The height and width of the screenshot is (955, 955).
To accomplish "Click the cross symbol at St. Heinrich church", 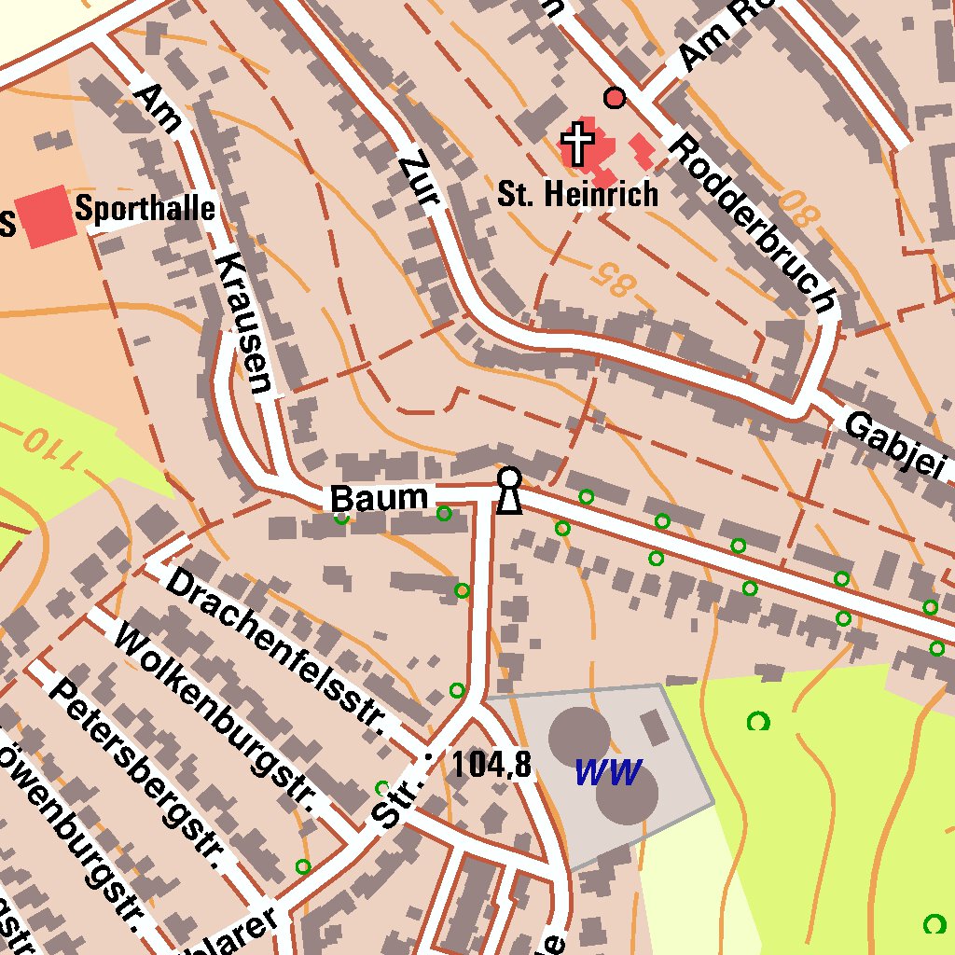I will tap(577, 144).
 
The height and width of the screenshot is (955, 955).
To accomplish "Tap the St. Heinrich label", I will tap(577, 194).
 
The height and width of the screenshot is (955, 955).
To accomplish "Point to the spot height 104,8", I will tap(491, 765).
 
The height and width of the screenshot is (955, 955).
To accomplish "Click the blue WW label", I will tap(607, 772).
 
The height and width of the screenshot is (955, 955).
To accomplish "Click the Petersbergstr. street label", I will tap(140, 773).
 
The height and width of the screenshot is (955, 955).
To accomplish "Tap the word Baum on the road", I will tap(379, 498).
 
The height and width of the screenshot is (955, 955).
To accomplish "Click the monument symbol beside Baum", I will tap(508, 491).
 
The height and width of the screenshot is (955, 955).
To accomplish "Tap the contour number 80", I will tap(798, 207).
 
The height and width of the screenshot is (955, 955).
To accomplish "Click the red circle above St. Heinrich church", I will tap(615, 97).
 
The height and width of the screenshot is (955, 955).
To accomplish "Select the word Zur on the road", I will tap(418, 182).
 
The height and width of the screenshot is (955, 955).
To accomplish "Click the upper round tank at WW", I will tap(578, 734).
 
